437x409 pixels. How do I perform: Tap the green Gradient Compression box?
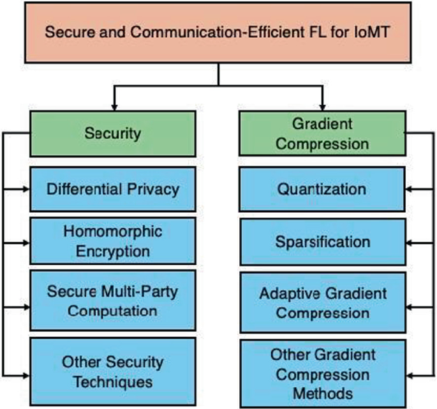coord(322,134)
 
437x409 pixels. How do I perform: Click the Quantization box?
coord(322,189)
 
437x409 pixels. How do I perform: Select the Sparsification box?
coord(322,242)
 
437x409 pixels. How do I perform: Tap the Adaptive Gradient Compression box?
coord(322,303)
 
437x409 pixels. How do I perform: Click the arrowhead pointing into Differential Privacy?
coord(26,190)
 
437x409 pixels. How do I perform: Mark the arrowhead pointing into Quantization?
coord(411,190)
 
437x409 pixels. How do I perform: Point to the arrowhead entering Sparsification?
coord(411,243)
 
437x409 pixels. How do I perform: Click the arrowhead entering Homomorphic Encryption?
coord(26,243)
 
